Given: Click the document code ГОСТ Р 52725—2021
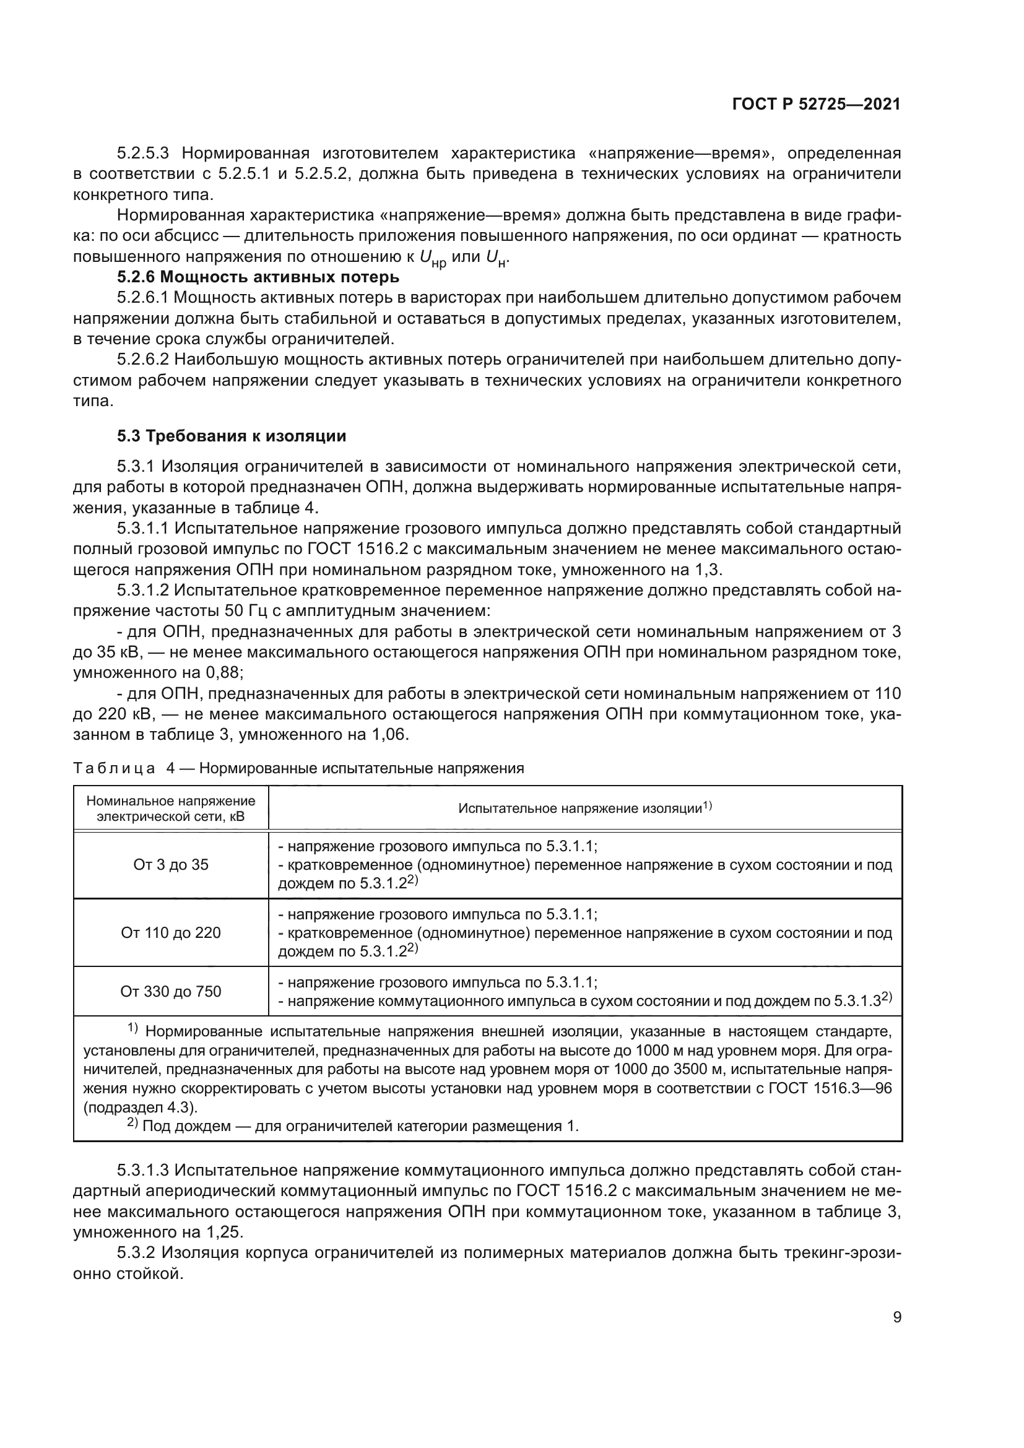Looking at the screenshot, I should [x=816, y=105].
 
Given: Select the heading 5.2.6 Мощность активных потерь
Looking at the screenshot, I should [x=258, y=277].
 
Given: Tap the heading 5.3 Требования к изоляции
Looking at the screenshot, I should [x=232, y=436].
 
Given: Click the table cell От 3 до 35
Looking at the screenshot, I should [x=171, y=865].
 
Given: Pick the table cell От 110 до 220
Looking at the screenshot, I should [x=171, y=933].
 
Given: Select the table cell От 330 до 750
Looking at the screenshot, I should [x=171, y=991].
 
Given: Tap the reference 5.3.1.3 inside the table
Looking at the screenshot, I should [x=857, y=1001].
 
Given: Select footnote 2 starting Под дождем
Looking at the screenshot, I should [x=353, y=1125].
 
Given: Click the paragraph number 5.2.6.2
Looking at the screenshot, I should [x=144, y=360].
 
